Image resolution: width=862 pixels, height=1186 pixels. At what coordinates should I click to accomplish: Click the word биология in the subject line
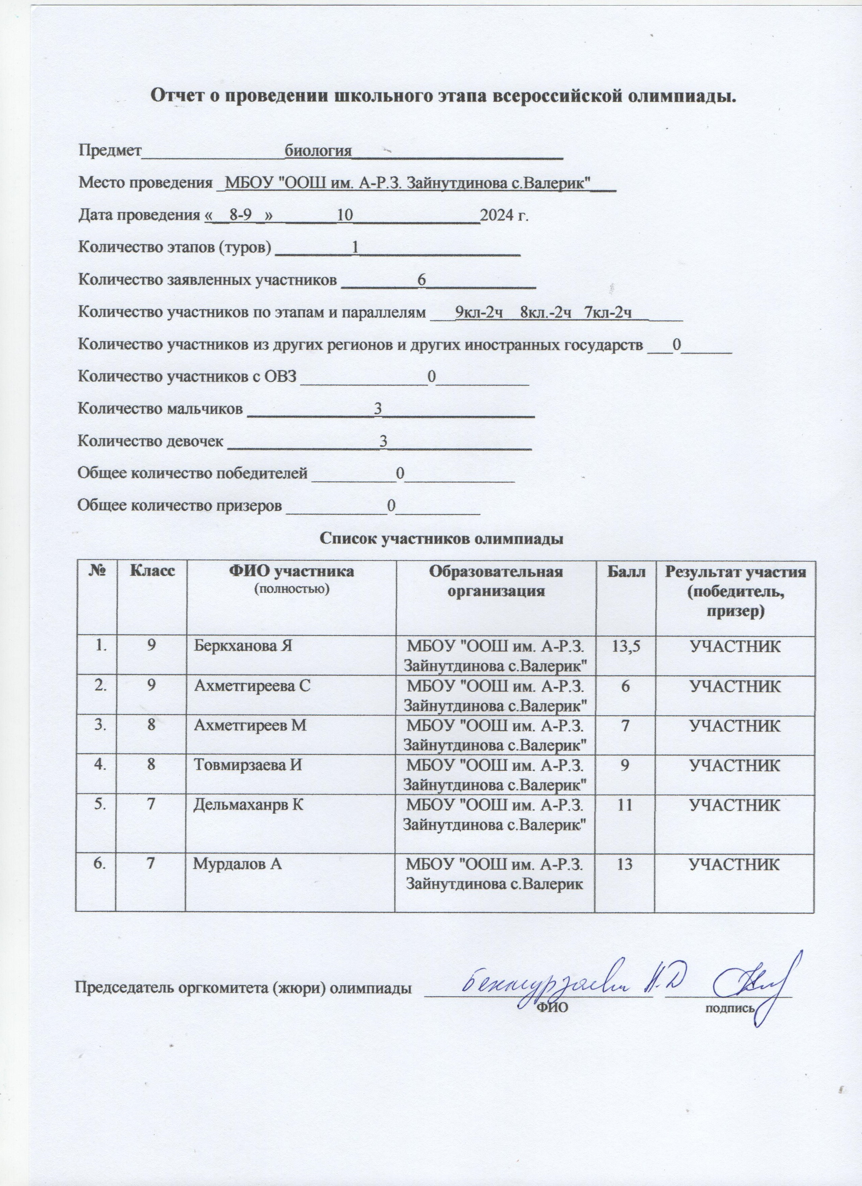point(317,151)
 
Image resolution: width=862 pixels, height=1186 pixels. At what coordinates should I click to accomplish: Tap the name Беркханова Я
point(242,646)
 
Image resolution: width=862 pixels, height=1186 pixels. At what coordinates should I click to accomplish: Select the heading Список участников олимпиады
point(442,538)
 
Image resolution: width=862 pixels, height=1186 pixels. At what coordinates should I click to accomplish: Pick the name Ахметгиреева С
point(252,686)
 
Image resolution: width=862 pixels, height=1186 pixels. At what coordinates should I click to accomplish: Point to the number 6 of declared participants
point(422,280)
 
